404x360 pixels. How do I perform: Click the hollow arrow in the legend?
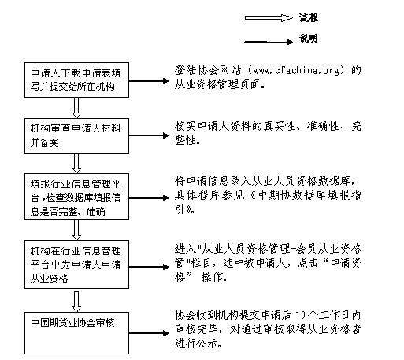(267, 15)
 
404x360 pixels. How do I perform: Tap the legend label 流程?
(309, 16)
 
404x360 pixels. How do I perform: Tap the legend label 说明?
(309, 39)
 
